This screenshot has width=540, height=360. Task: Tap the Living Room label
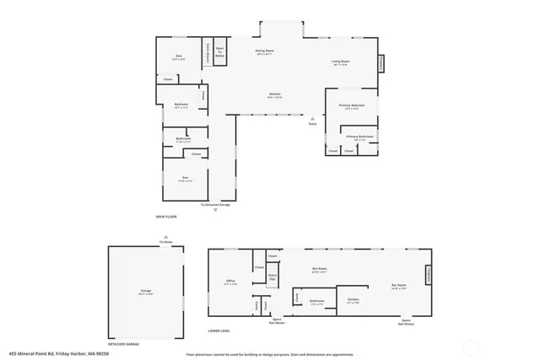point(341,63)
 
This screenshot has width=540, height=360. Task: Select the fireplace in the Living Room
point(380,63)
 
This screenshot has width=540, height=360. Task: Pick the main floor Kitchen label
point(275,95)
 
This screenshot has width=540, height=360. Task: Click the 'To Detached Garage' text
point(214,205)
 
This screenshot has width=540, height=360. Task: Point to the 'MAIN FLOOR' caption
point(167,217)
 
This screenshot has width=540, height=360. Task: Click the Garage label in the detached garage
point(145,291)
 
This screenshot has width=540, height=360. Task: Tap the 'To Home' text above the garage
point(166,242)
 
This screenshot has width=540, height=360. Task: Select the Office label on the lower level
point(230,282)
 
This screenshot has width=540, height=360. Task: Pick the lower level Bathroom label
point(316,301)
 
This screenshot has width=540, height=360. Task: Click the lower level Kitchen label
point(354,300)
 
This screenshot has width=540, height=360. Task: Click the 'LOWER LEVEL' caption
point(220,330)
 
